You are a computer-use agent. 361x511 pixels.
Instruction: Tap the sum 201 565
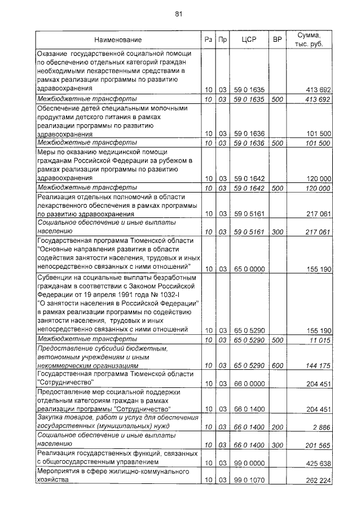(316, 445)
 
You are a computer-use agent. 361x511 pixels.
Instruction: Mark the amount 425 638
(316, 462)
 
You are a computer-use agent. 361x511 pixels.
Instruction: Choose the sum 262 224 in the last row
(316, 481)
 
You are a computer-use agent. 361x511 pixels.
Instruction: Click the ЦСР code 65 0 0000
(249, 269)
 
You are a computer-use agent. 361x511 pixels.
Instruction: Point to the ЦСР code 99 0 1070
(249, 481)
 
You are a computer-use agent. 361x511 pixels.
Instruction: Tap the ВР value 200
(277, 427)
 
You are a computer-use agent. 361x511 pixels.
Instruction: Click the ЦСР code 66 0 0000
(249, 383)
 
